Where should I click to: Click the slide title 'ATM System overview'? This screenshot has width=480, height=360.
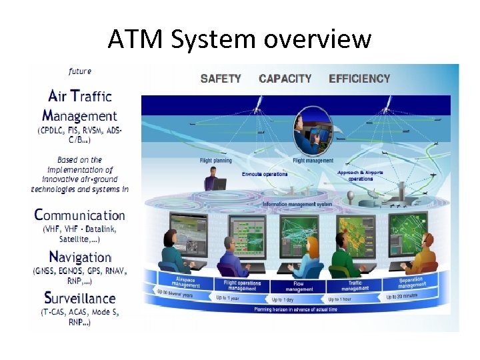[239, 39]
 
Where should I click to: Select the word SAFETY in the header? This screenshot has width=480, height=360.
[221, 78]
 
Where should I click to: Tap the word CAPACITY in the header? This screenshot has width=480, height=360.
[285, 78]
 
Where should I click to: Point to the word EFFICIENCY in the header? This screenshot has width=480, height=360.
[359, 78]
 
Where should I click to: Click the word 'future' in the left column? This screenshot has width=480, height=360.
[80, 71]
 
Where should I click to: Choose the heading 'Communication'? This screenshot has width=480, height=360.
[79, 215]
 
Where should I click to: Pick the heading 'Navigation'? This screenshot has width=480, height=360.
[80, 257]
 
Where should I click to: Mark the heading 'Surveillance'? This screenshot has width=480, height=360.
[79, 298]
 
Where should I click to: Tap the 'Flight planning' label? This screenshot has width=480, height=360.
[215, 161]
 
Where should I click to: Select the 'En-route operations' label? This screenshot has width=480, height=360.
[265, 174]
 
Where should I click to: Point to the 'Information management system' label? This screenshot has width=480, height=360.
[297, 204]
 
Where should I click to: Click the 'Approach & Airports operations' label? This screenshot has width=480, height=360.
[361, 175]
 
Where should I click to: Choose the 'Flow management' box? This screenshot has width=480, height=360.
[299, 286]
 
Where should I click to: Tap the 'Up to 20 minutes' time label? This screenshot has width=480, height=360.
[406, 296]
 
